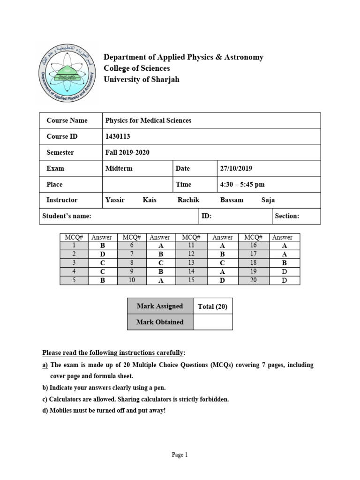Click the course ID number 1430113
click(x=118, y=136)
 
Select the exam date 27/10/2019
click(x=236, y=168)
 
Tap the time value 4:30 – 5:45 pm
click(x=242, y=184)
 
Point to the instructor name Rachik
click(x=188, y=200)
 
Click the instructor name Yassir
click(x=115, y=200)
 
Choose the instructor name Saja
click(x=268, y=200)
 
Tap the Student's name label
click(x=67, y=216)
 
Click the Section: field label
click(x=287, y=216)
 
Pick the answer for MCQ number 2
click(x=102, y=255)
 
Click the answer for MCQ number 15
click(x=223, y=280)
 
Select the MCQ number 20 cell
click(x=253, y=280)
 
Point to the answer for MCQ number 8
click(x=161, y=263)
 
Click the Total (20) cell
click(x=212, y=307)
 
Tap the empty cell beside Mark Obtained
click(x=212, y=322)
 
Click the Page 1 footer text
click(x=180, y=454)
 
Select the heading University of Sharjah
click(x=142, y=79)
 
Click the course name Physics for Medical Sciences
click(x=148, y=120)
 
